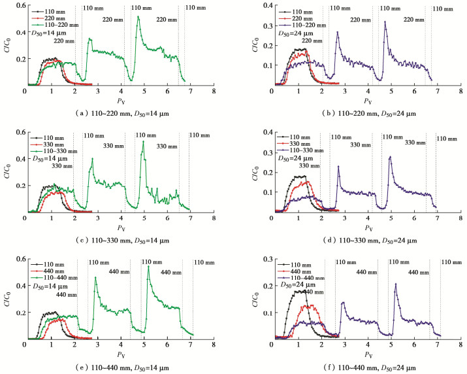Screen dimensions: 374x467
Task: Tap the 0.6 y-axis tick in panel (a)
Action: [18, 5]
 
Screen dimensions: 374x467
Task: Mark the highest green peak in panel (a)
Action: [138, 17]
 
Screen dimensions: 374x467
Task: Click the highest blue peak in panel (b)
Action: [385, 22]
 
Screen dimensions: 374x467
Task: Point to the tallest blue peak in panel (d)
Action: [390, 157]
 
